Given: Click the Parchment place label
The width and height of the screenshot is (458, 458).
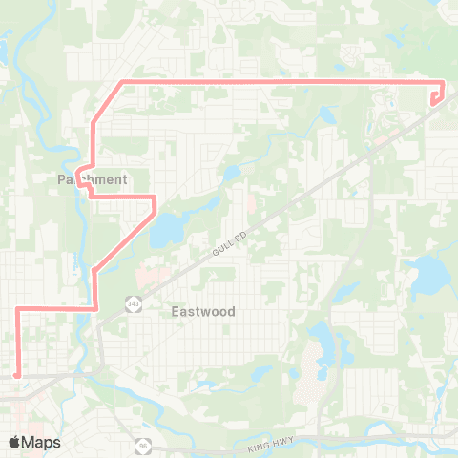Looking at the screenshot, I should coord(92,179).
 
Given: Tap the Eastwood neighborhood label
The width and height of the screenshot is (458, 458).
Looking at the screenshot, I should coord(202,311).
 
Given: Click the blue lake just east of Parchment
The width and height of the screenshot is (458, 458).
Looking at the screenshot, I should coord(166,228).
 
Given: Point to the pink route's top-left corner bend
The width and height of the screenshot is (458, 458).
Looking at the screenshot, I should coord(118,83).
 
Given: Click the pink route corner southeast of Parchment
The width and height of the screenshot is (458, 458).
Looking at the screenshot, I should coord(154,197).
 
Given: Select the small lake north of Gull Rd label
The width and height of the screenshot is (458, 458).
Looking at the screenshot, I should coord(231,174).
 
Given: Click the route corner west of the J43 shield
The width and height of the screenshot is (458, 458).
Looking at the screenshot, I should coord(96,307).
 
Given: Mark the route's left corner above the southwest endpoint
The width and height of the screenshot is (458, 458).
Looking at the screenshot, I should coord(17,308).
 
